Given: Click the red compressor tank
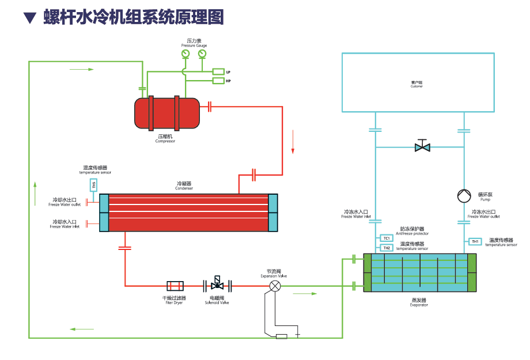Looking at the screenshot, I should click(x=166, y=112).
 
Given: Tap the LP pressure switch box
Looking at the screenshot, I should click(x=218, y=71).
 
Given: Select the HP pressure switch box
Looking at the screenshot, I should click(x=218, y=81).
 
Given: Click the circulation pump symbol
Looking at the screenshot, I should click(x=464, y=196).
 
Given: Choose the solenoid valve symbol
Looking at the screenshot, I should click(x=217, y=285).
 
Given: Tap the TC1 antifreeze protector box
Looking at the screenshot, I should click(x=386, y=238).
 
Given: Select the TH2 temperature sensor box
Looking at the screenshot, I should click(x=386, y=248).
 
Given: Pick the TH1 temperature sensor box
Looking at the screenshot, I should click(x=475, y=241).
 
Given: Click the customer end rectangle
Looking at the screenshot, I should click(x=418, y=82).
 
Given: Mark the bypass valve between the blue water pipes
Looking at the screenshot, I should click(x=422, y=147).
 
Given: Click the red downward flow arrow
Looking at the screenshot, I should click(x=293, y=142).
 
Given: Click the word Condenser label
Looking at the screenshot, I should click(x=184, y=188).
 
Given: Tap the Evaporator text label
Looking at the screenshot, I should click(x=419, y=305).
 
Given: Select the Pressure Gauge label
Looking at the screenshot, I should click(x=194, y=45).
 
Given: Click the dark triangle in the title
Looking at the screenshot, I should click(x=29, y=18).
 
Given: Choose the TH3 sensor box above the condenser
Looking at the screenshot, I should click(x=93, y=185).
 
